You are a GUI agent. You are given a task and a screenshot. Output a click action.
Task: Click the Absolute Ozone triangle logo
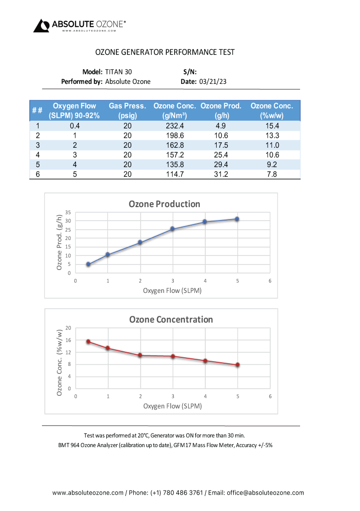coord(41,25)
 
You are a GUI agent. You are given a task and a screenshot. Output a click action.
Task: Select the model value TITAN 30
coord(119,72)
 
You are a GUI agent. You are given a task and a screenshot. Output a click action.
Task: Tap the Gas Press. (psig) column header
coord(127,110)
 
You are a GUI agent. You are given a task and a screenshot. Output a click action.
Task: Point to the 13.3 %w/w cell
coord(272,136)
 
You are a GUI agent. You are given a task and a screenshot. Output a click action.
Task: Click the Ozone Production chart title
coord(164,204)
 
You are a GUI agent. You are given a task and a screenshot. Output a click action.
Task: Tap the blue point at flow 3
coord(173,229)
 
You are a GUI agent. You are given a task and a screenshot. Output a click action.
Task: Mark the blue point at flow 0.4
coord(88,264)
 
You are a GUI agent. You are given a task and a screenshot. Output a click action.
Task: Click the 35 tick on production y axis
coord(68,212)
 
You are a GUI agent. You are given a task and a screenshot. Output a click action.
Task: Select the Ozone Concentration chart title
coord(171,319)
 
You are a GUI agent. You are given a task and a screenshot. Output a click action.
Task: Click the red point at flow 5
coord(238,365)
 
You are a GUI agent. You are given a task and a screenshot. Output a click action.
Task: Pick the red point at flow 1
coord(108,348)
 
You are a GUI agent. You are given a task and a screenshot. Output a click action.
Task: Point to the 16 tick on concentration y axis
coord(68,340)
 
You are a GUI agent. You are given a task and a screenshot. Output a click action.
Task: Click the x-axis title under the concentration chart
coord(172,406)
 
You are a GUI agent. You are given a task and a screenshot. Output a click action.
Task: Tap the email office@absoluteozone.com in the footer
coord(265,493)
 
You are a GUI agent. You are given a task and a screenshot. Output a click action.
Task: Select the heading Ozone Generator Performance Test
coord(165,52)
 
